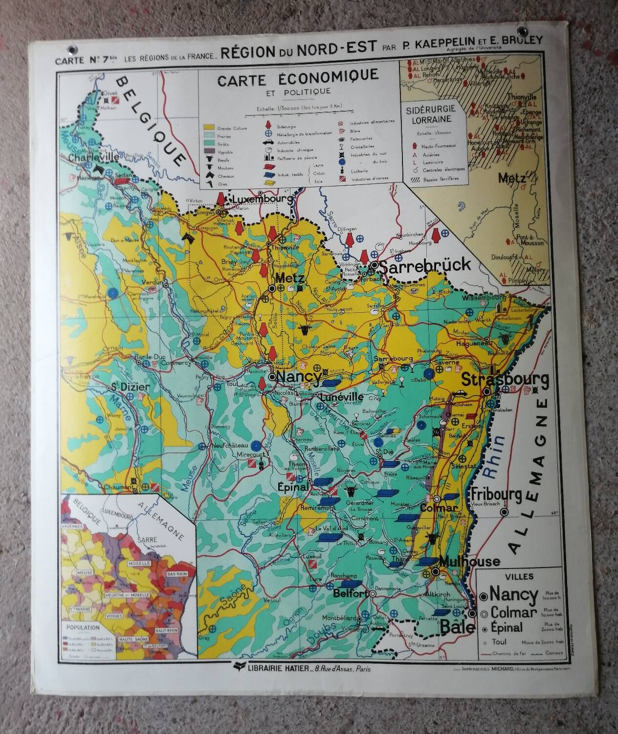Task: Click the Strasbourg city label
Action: (505, 380)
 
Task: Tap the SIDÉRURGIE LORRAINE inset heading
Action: (428, 114)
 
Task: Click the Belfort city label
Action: (350, 594)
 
